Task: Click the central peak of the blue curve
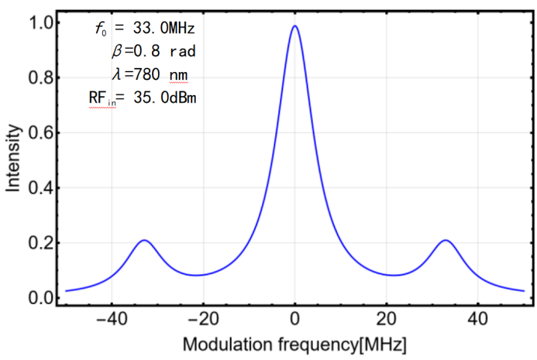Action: [295, 26]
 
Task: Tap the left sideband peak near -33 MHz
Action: [144, 240]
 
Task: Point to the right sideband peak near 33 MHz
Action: [445, 240]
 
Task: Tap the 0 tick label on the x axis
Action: [295, 318]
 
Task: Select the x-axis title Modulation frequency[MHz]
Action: [294, 343]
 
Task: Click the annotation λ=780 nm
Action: [149, 74]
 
